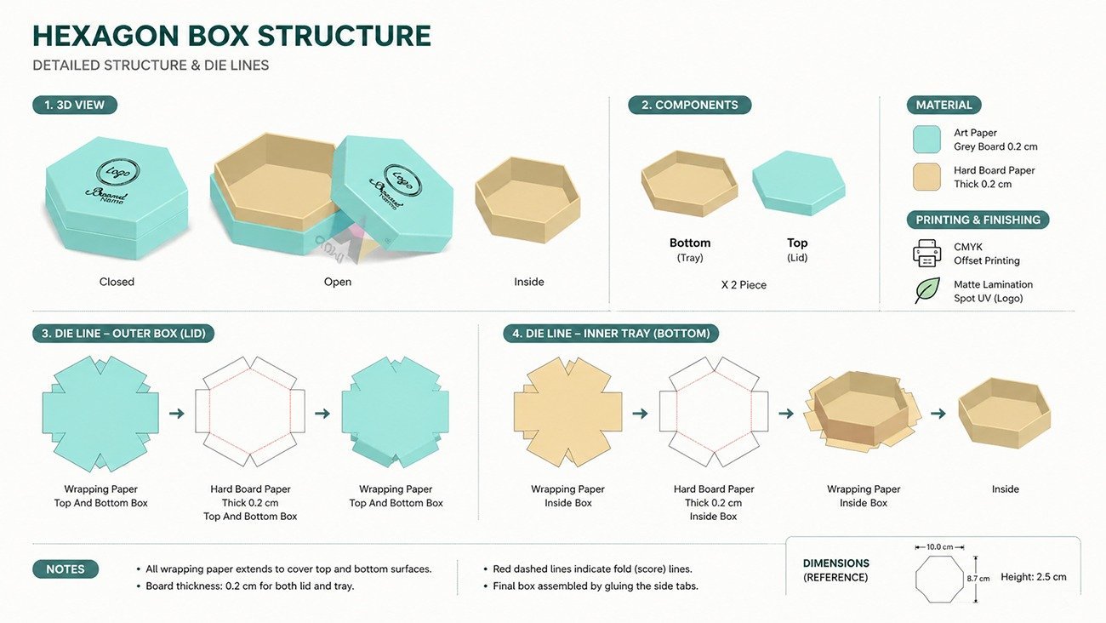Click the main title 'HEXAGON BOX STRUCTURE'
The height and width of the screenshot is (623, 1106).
(x=231, y=36)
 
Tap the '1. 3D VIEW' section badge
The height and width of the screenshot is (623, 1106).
(x=75, y=105)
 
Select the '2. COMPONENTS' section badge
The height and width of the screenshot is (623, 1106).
(x=689, y=105)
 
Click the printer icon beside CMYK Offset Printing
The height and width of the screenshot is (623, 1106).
(x=926, y=253)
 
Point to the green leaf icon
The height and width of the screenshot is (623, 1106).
(x=926, y=290)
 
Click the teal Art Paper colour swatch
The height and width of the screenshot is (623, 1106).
(x=926, y=140)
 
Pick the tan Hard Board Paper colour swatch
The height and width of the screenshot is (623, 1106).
(x=926, y=177)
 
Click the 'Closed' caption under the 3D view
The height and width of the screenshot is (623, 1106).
(x=117, y=282)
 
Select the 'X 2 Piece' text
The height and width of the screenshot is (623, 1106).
(x=744, y=285)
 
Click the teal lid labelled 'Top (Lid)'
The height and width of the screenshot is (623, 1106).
(x=798, y=182)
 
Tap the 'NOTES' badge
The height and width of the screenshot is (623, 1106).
(x=66, y=569)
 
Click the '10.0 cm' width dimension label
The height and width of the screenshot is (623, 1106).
(x=939, y=547)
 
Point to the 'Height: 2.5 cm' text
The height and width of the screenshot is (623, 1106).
(x=1033, y=577)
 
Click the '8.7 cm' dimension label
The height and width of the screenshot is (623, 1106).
(x=978, y=579)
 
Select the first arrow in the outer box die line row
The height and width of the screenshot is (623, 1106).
(x=177, y=414)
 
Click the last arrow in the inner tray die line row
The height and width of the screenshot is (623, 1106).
(x=938, y=414)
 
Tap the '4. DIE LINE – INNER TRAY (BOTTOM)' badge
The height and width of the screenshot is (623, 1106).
(x=611, y=334)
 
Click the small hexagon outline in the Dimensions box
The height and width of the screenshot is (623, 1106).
(x=939, y=580)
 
